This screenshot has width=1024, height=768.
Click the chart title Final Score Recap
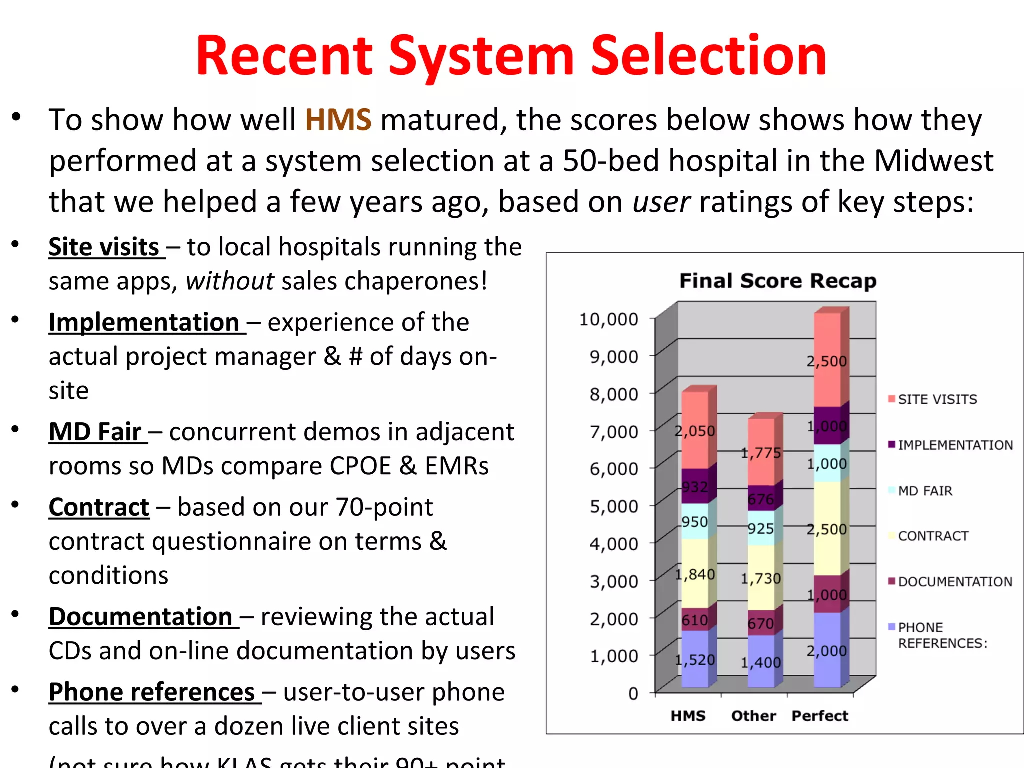point(777,281)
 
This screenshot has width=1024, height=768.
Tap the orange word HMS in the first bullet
point(338,120)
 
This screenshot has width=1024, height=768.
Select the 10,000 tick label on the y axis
point(608,319)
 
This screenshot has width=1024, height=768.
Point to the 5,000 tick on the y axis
point(614,506)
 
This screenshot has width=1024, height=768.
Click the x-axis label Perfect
point(820,716)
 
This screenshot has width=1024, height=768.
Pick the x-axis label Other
point(753,716)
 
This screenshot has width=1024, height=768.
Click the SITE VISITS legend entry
point(937,399)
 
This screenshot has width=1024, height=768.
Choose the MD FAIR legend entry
point(925,491)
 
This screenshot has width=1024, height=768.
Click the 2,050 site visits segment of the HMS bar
point(695,431)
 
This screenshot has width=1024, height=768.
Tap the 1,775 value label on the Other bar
point(761,453)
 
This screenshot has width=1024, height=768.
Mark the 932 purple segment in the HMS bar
point(695,487)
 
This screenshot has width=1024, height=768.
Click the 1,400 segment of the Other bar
point(761,662)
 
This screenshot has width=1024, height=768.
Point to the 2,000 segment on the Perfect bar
point(827,651)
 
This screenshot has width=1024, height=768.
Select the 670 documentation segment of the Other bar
point(761,623)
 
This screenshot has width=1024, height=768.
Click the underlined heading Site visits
point(104,247)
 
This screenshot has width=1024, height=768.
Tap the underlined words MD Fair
point(95,432)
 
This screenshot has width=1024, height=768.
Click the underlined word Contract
point(99,507)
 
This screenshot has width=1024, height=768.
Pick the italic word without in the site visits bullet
point(230,281)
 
